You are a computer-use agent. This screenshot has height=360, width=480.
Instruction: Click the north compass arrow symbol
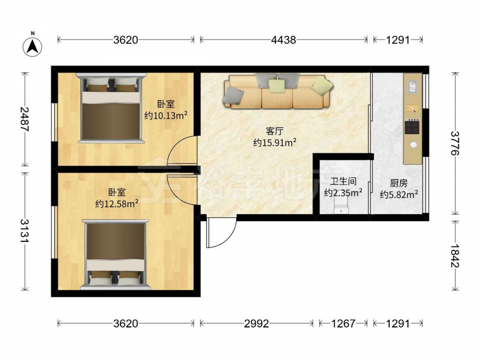(x=33, y=46)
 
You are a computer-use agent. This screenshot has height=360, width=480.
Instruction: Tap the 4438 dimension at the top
(x=284, y=40)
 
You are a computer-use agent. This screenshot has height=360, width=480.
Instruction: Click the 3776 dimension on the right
(x=455, y=143)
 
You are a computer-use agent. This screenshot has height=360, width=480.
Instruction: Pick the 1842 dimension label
(x=455, y=255)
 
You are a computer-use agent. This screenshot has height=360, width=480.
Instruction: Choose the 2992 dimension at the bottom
(x=256, y=323)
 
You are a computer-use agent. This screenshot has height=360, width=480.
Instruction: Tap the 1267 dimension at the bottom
(x=343, y=323)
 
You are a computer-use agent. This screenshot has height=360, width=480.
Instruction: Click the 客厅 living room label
(x=275, y=132)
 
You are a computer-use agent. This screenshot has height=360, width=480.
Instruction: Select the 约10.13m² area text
(x=166, y=115)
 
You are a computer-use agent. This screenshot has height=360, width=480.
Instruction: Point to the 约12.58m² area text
(x=117, y=203)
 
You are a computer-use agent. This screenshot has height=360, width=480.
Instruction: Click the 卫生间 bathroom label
(x=343, y=181)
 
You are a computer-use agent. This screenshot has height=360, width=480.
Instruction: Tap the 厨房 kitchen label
(x=399, y=183)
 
